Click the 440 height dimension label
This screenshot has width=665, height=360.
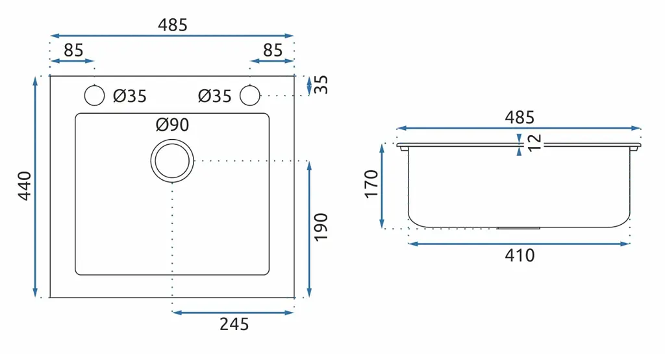(x=25, y=185)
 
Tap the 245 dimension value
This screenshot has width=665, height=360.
(x=234, y=324)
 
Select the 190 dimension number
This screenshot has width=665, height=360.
(x=321, y=227)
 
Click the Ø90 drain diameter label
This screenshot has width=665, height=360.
(x=172, y=125)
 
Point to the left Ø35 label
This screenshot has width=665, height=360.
(x=130, y=96)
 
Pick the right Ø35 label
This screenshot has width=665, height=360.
(x=214, y=96)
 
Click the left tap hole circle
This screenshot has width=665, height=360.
(x=94, y=95)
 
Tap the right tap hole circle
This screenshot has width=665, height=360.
(x=250, y=95)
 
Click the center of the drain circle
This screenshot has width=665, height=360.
(x=172, y=161)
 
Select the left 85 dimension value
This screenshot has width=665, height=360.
(x=73, y=50)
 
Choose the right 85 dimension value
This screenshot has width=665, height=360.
(x=272, y=50)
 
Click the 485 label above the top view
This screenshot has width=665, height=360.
(x=173, y=25)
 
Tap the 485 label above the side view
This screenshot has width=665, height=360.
(x=520, y=117)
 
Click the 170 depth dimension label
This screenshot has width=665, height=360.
(x=371, y=184)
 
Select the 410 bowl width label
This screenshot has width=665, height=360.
(x=520, y=255)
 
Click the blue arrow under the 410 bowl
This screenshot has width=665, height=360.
(x=519, y=244)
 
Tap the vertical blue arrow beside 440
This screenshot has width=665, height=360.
(x=35, y=186)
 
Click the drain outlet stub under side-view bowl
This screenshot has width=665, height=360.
(x=518, y=228)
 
